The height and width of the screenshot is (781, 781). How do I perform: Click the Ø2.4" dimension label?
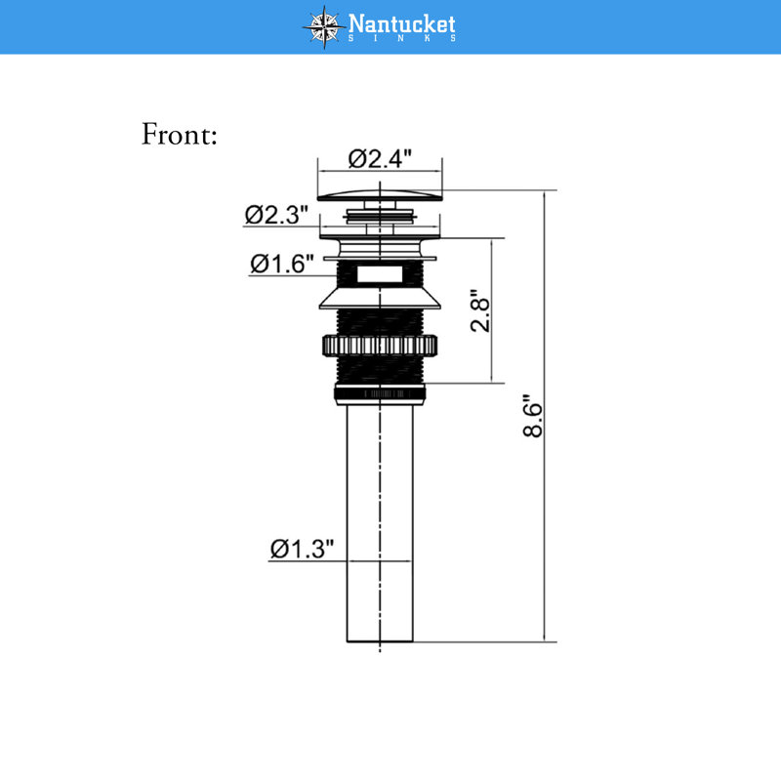380,159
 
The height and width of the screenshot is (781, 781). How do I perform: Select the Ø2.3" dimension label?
276,215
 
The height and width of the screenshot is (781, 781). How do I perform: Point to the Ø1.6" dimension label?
282,264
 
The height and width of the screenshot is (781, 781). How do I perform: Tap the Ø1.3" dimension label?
302,549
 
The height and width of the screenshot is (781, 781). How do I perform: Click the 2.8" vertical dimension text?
480,310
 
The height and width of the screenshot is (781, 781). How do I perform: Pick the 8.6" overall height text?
532,417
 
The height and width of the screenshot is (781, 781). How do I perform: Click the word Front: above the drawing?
180,134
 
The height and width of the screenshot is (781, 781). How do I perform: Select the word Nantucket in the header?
401,22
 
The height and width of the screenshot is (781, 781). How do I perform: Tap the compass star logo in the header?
324,27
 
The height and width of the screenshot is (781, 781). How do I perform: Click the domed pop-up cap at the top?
380,196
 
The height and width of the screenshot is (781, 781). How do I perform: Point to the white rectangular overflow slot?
380,274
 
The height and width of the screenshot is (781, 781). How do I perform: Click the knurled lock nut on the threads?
380,346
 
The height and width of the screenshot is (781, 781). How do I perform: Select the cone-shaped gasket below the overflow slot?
380,298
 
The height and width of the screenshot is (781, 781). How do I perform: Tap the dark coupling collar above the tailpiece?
380,394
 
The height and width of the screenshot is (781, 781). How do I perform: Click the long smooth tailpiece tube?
380,523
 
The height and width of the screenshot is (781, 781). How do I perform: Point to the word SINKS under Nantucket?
401,38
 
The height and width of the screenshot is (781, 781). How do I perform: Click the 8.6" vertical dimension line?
545,416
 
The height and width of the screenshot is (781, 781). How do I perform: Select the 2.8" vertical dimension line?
492,310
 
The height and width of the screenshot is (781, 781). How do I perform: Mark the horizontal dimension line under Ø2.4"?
380,172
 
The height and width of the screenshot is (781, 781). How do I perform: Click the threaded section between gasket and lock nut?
380,322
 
